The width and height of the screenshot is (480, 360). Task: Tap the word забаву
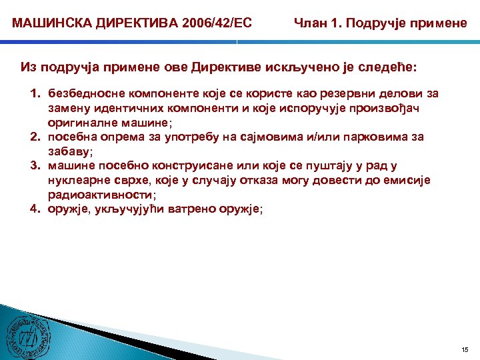(69, 151)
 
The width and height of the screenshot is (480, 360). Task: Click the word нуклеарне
(74, 180)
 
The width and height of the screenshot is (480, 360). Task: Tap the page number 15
(465, 349)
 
